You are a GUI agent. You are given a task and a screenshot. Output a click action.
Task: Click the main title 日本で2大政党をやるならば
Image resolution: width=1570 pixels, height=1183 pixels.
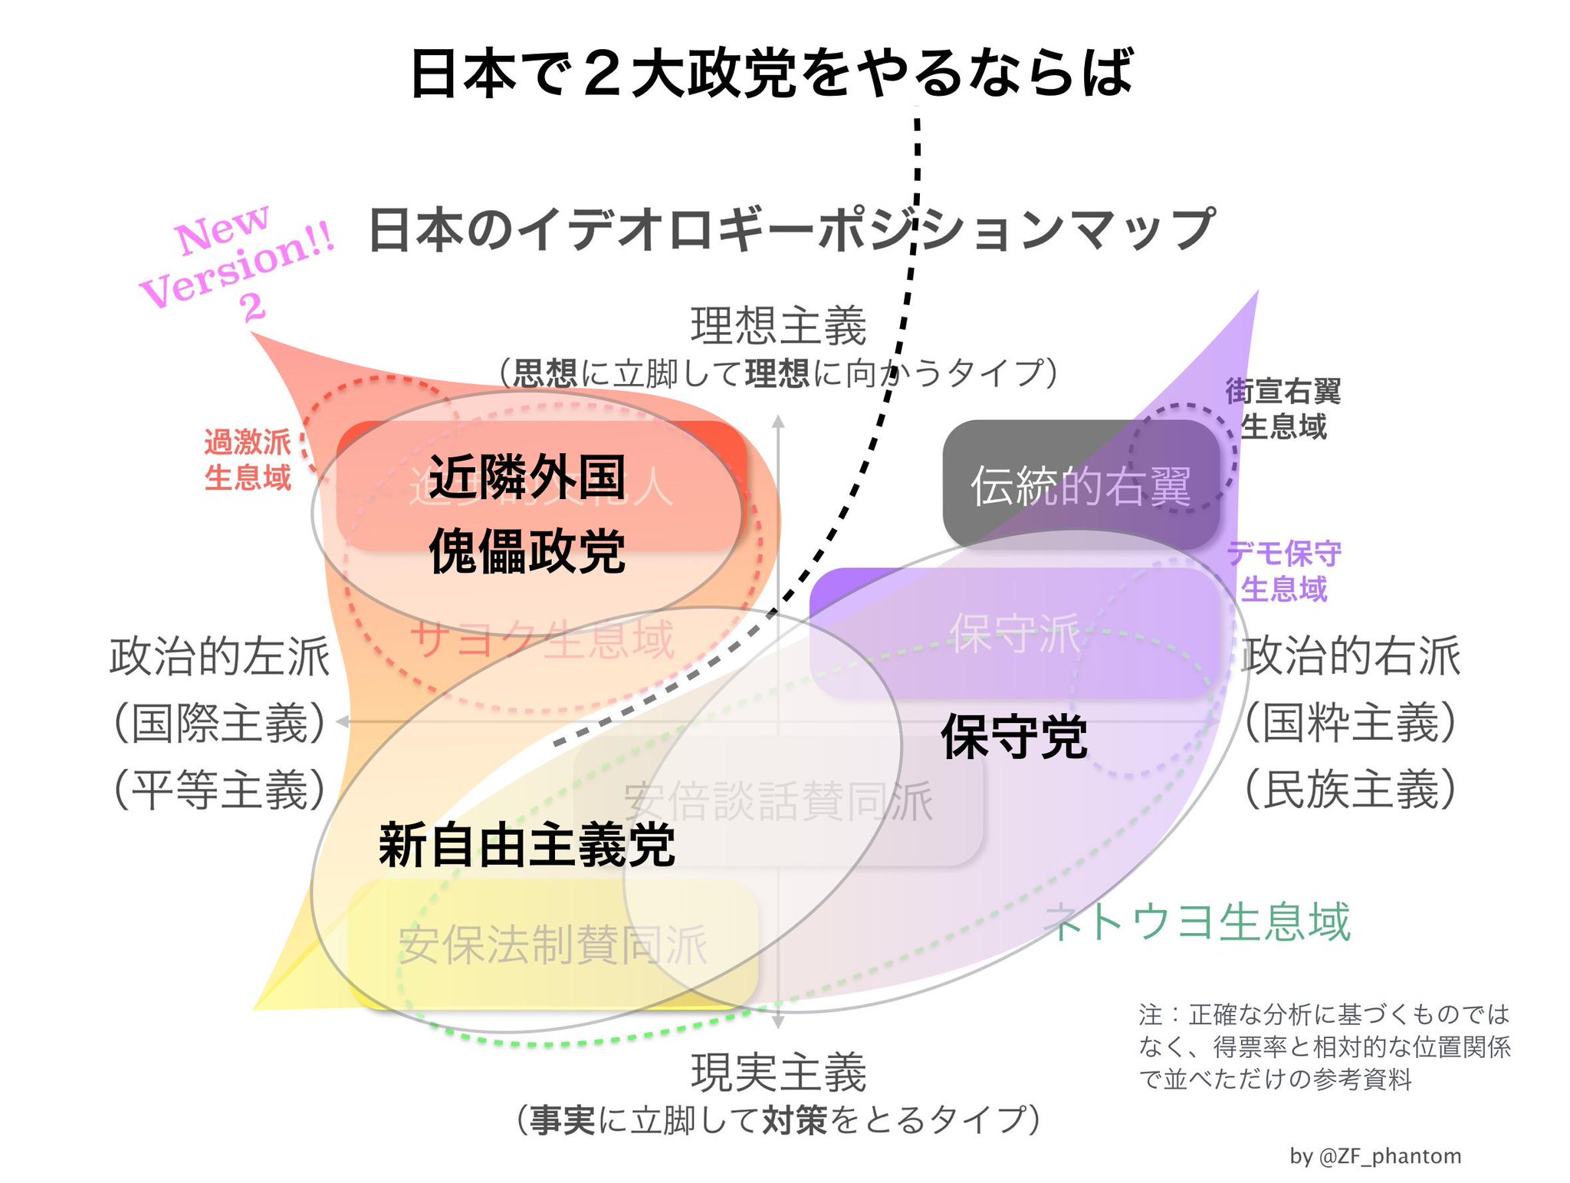click(x=771, y=74)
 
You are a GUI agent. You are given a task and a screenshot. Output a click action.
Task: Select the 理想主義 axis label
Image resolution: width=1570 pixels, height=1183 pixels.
click(x=778, y=326)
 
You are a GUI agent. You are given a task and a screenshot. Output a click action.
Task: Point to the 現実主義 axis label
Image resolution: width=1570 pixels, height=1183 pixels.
click(x=778, y=1072)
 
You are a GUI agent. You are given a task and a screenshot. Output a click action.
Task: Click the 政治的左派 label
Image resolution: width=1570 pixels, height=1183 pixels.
click(x=220, y=656)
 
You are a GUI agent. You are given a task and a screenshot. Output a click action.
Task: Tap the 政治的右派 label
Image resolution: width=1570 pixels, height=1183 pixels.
click(x=1351, y=656)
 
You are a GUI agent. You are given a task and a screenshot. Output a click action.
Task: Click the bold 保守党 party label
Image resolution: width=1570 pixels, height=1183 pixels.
click(x=1013, y=737)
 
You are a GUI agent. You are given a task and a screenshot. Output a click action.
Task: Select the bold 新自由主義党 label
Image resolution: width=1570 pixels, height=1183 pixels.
click(x=527, y=845)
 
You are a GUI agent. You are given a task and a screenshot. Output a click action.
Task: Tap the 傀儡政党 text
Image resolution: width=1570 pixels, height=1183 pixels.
click(x=527, y=551)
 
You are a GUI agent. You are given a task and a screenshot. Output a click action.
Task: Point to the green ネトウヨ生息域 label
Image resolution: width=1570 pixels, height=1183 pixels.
click(x=1197, y=922)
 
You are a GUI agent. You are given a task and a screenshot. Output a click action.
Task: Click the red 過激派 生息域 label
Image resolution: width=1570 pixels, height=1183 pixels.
click(x=248, y=459)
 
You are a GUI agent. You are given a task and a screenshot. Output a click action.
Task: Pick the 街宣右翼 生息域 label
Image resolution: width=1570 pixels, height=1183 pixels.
click(x=1283, y=409)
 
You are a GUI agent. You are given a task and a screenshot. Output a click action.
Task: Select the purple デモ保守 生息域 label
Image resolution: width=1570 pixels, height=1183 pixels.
click(x=1284, y=570)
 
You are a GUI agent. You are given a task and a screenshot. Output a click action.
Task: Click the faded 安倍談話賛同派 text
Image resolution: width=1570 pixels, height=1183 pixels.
click(x=778, y=802)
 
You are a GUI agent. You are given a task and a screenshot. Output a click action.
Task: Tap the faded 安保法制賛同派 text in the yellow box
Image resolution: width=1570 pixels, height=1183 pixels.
click(x=552, y=945)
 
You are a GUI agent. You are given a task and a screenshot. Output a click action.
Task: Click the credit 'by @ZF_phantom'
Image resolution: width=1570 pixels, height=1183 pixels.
click(x=1375, y=1156)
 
